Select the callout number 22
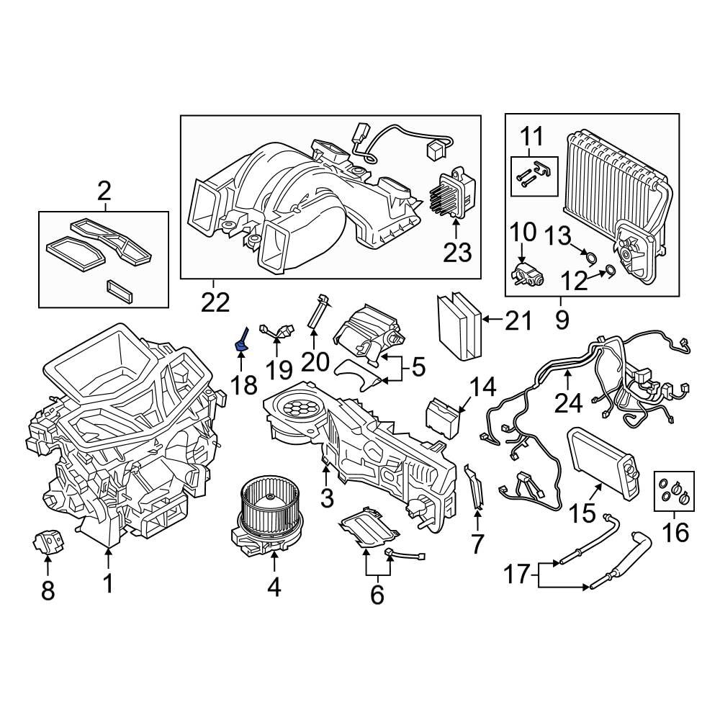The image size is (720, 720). pos(214,303)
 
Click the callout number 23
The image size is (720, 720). pos(456,252)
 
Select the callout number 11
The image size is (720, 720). pos(534,135)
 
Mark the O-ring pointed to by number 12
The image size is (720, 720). pos(608,271)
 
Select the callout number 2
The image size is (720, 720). pos(104,192)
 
